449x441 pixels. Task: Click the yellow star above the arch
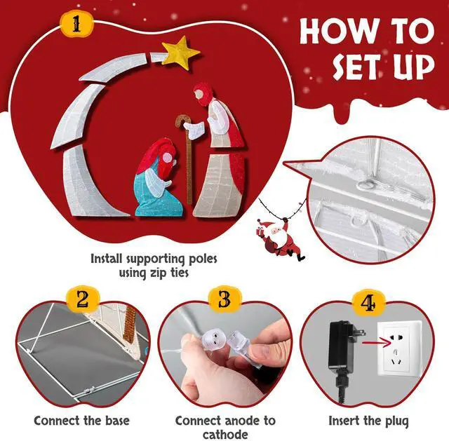point(180,53)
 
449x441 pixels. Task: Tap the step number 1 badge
point(76,25)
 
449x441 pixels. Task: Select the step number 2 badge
point(83,300)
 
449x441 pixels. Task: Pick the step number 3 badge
point(224,299)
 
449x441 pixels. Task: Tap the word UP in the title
point(413,67)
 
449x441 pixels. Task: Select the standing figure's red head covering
point(204,93)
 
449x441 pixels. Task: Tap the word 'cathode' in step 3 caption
point(225,435)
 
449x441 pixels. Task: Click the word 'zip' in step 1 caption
point(159,273)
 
